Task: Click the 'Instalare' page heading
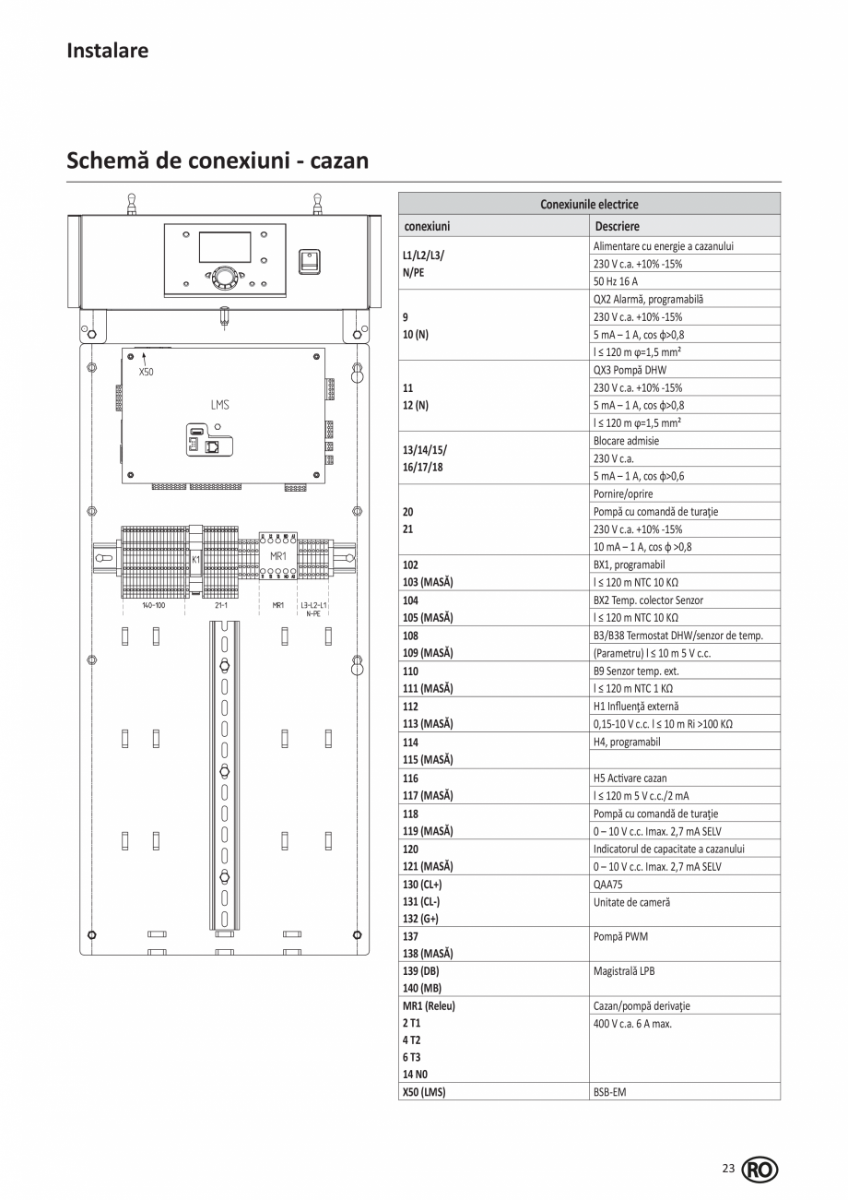pyautogui.click(x=107, y=51)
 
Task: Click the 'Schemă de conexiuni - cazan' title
pyautogui.click(x=218, y=160)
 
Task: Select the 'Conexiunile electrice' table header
pyautogui.click(x=589, y=204)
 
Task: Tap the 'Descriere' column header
pyautogui.click(x=617, y=226)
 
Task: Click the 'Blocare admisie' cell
pyautogui.click(x=626, y=441)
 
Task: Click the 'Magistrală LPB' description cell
pyautogui.click(x=624, y=971)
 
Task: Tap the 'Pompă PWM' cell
pyautogui.click(x=620, y=936)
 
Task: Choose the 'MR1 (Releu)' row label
pyautogui.click(x=429, y=1005)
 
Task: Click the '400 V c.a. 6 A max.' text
pyautogui.click(x=633, y=1023)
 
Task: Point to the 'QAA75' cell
pyautogui.click(x=608, y=884)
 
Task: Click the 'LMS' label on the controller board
pyautogui.click(x=219, y=405)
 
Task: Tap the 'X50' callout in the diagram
pyautogui.click(x=146, y=373)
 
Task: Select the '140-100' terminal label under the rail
pyautogui.click(x=153, y=606)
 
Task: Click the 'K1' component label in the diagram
pyautogui.click(x=195, y=559)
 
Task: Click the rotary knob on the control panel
pyautogui.click(x=224, y=276)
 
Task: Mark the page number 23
pyautogui.click(x=728, y=1169)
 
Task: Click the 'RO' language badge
pyautogui.click(x=760, y=1170)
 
